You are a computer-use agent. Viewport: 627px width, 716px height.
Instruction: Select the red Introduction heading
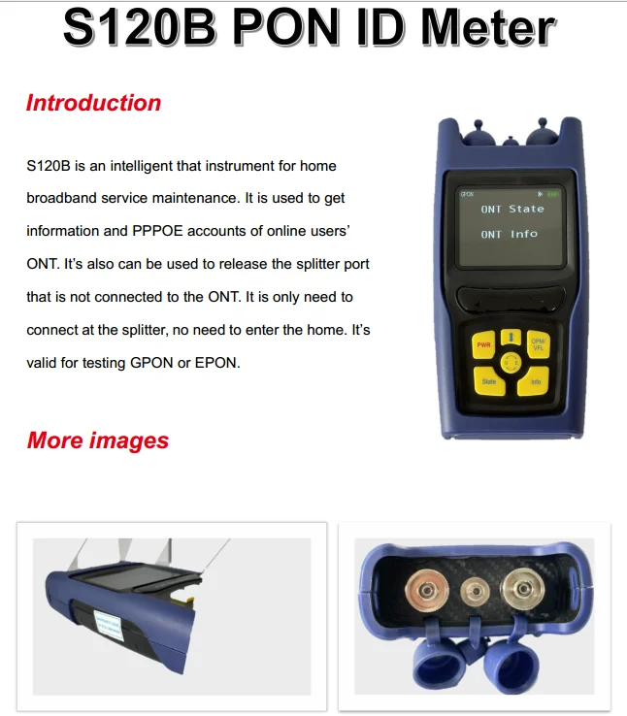point(93,103)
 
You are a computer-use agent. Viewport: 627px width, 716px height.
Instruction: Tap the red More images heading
point(97,440)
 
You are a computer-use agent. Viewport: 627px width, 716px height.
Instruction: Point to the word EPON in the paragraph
point(217,363)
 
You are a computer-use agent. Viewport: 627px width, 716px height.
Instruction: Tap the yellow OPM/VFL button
point(537,344)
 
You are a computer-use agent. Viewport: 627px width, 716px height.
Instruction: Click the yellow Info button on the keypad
point(535,382)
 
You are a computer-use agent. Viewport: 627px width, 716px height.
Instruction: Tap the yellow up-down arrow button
point(510,337)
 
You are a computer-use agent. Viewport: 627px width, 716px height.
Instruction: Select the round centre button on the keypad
point(510,364)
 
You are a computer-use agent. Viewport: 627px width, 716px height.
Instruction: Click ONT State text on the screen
point(512,209)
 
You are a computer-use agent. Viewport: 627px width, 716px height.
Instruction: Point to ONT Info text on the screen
point(509,234)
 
